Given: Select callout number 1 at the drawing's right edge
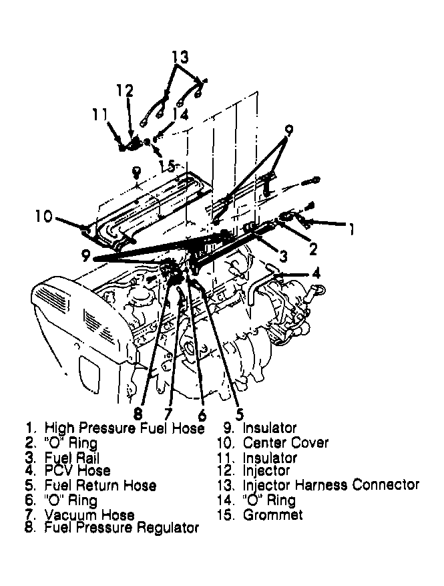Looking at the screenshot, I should coord(348,229).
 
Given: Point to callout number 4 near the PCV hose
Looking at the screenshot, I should coord(315,273).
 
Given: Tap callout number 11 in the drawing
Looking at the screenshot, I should coord(101,115).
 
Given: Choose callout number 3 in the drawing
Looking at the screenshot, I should coord(283,256).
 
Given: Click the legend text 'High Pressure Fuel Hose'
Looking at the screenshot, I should coord(124,428).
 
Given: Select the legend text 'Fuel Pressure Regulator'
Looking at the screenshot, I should coord(122,528).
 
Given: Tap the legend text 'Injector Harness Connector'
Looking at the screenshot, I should coord(331,484).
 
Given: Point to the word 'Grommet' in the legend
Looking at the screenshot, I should coord(272,515).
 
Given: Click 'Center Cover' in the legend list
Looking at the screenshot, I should coord(286,442).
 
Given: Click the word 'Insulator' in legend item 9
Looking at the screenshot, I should coord(270,428).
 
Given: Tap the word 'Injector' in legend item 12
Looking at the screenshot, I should coord(266,471).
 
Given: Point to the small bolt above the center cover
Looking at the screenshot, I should coord(136,172).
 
